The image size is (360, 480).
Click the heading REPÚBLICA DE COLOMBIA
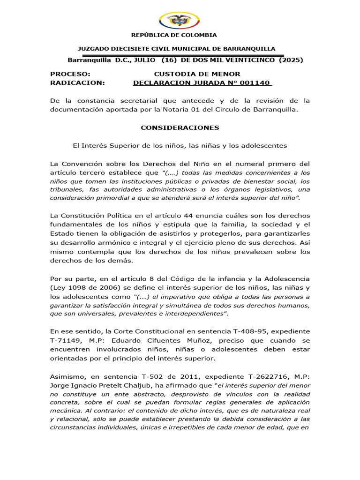pos(173,35)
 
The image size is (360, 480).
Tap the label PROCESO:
pos(70,74)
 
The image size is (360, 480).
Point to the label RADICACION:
pos(78,82)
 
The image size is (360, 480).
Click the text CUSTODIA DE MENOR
pos(197,74)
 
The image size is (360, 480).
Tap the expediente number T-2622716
pos(261,376)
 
